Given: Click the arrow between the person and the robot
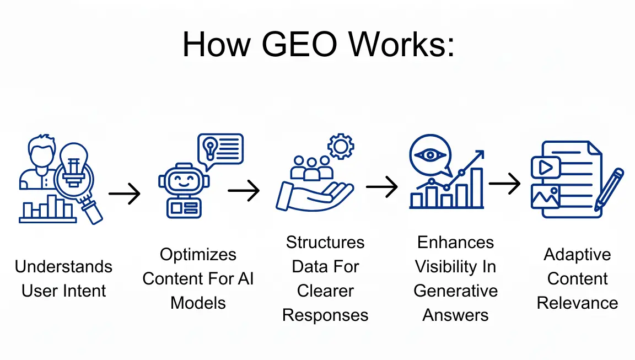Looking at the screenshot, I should [x=125, y=194].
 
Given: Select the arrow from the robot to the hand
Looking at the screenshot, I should [x=244, y=191].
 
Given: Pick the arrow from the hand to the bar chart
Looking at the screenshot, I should [x=382, y=187].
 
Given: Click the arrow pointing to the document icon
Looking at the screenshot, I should [x=505, y=184].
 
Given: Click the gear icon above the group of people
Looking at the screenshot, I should [x=340, y=146].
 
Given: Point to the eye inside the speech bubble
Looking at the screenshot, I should [x=429, y=154].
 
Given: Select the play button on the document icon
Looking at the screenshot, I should [x=545, y=167].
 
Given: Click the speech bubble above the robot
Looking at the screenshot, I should [x=220, y=149].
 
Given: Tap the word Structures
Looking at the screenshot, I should [x=325, y=242].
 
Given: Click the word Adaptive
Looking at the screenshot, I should [x=577, y=254].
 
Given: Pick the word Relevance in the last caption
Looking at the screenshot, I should [x=577, y=303].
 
